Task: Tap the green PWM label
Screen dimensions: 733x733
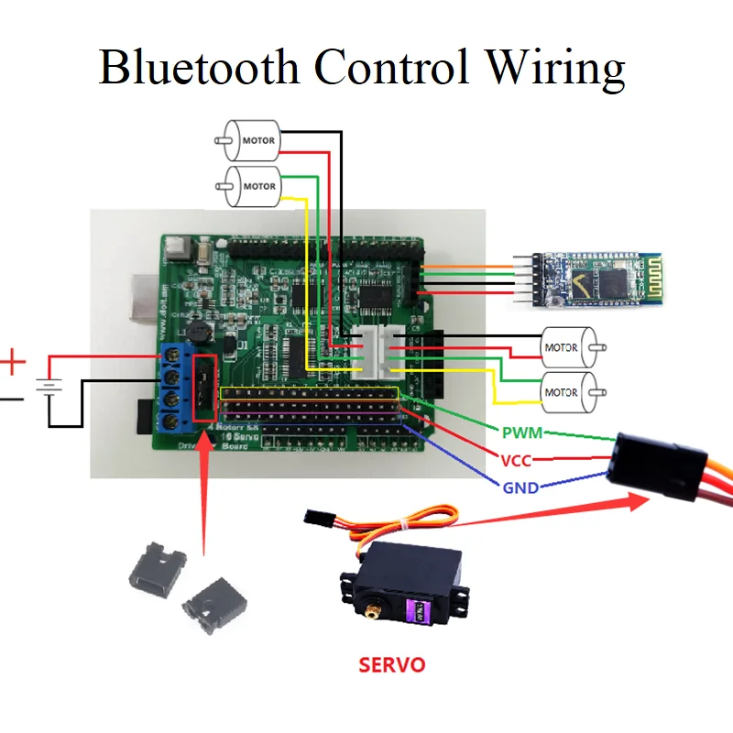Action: click(x=522, y=431)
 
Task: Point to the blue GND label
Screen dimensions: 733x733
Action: click(x=520, y=487)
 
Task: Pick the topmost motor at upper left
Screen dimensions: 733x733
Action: click(x=253, y=142)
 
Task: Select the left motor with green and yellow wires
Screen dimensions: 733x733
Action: click(x=253, y=186)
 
